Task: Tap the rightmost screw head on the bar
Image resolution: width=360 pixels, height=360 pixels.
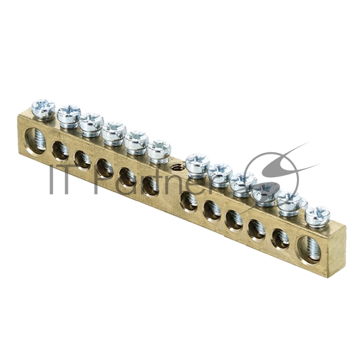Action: (x=318, y=216)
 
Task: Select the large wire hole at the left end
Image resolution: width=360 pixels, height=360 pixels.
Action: (x=35, y=141)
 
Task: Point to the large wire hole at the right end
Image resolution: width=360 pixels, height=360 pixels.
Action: (x=310, y=249)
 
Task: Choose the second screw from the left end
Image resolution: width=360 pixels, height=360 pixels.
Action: (x=69, y=117)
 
